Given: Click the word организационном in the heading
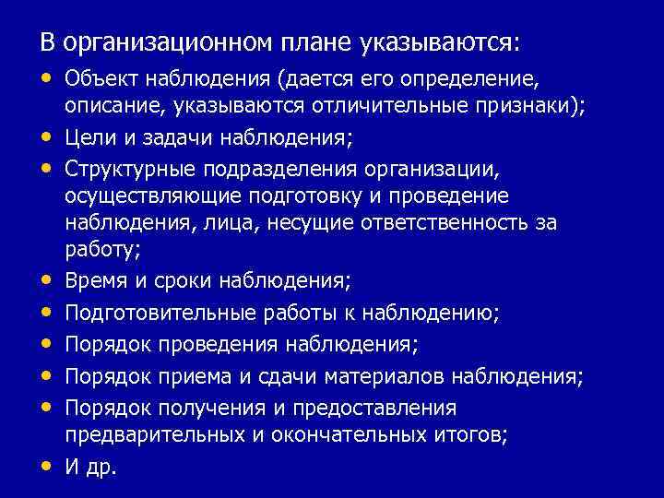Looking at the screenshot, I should pyautogui.click(x=168, y=43).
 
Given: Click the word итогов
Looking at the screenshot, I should pyautogui.click(x=474, y=435).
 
